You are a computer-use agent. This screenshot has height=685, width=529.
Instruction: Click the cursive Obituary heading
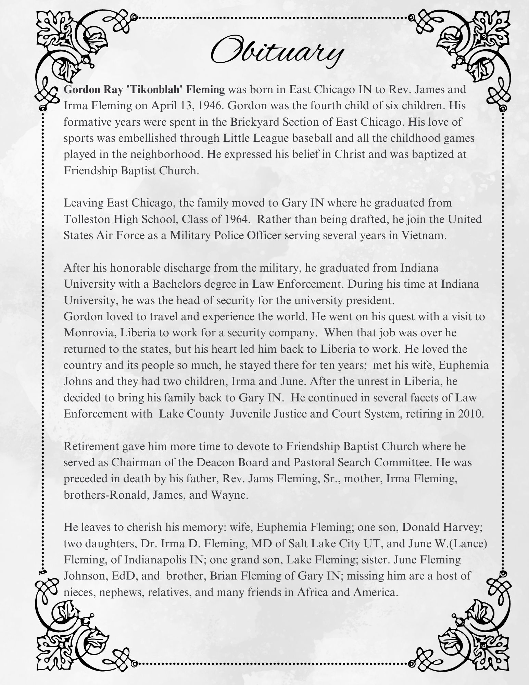(276, 53)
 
